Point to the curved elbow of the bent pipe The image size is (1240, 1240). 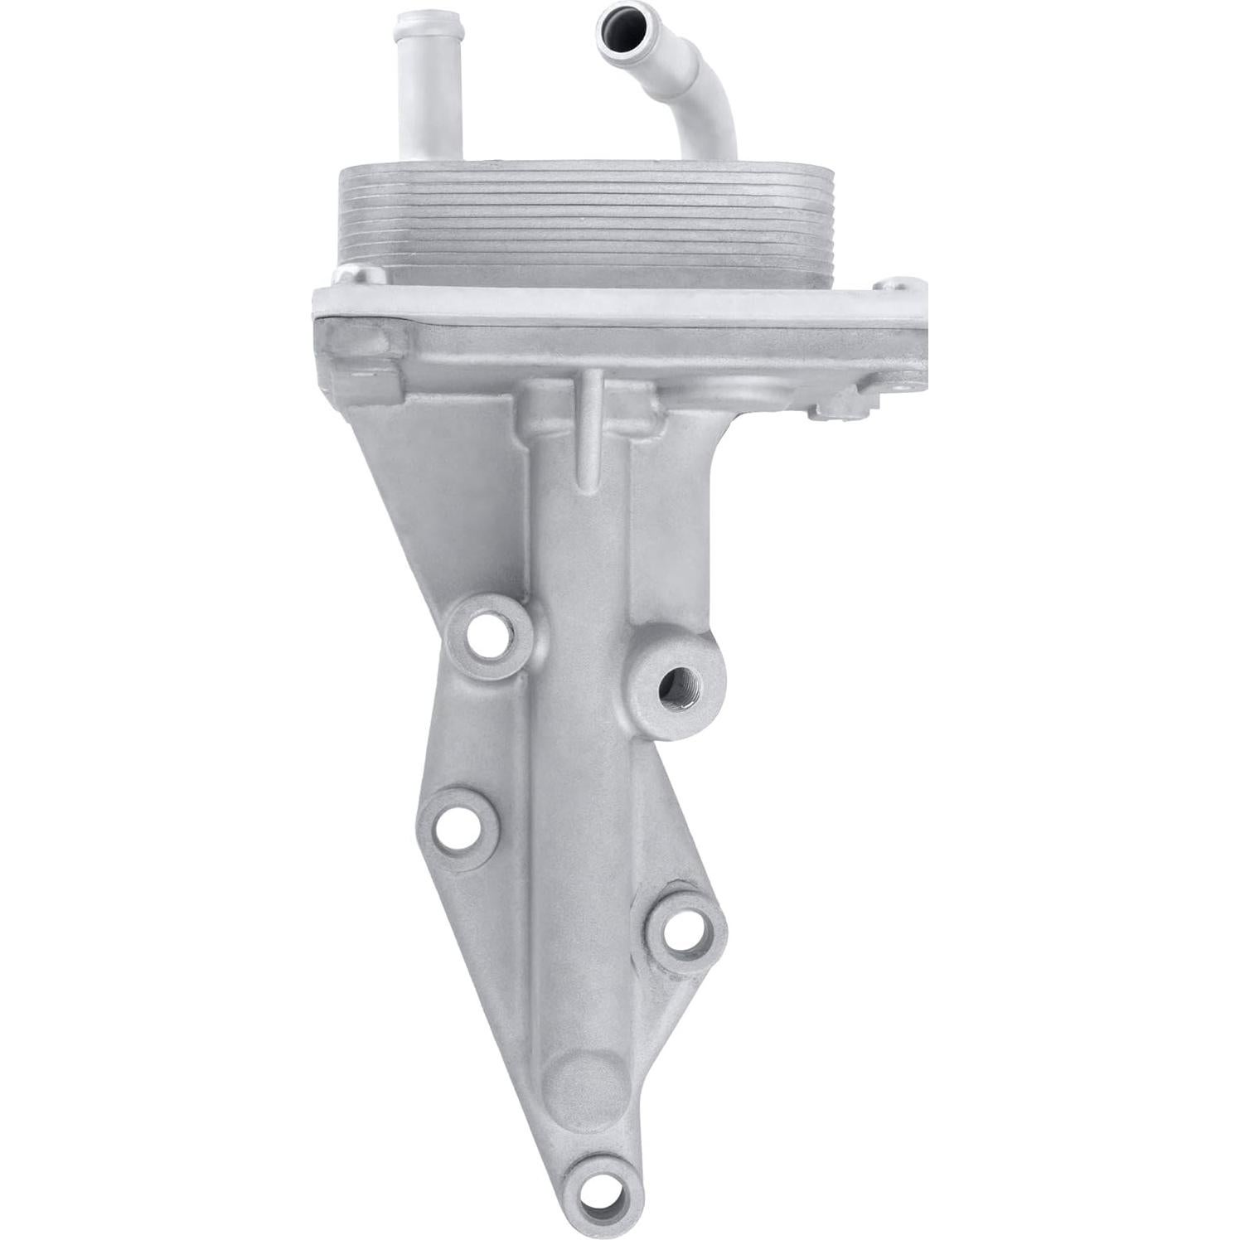pyautogui.click(x=705, y=112)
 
